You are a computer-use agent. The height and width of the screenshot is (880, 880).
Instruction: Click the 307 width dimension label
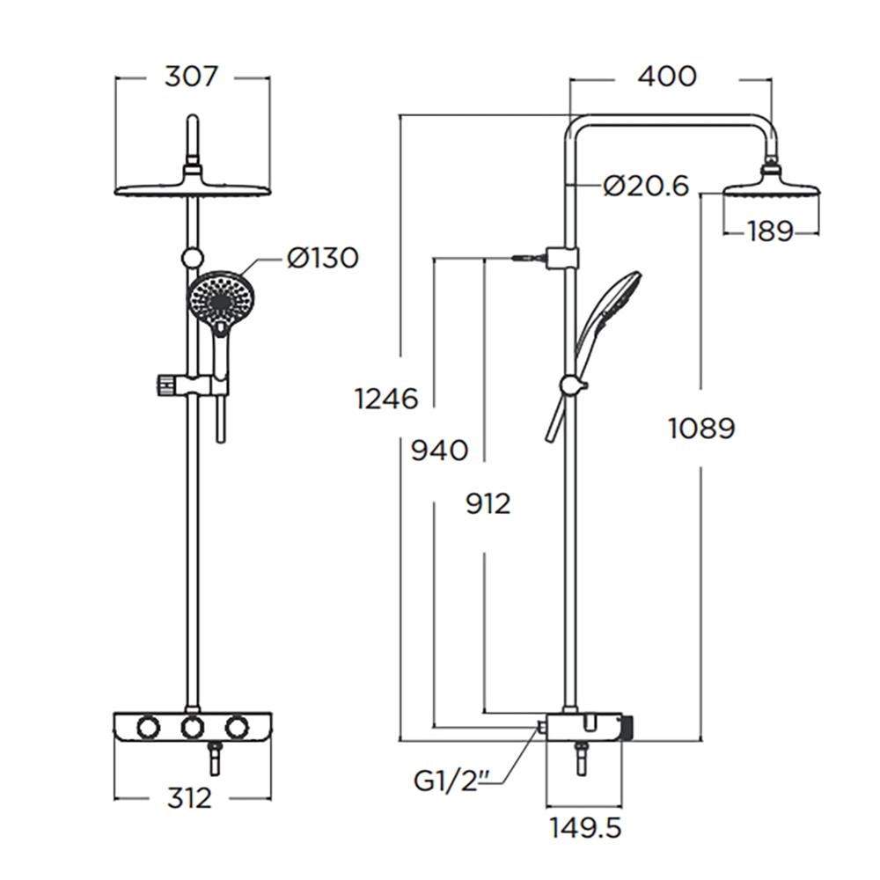click(191, 77)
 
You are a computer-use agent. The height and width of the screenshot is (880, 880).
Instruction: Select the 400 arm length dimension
click(666, 77)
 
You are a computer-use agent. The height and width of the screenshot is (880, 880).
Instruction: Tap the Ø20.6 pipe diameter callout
click(646, 186)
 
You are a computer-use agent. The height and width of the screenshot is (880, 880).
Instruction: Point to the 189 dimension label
click(770, 231)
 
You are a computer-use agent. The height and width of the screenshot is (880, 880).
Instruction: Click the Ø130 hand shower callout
click(322, 259)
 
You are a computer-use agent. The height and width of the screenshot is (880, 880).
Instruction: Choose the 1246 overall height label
click(385, 399)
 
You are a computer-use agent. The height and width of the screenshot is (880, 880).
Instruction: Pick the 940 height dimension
click(439, 451)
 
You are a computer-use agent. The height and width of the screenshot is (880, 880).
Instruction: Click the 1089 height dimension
click(700, 429)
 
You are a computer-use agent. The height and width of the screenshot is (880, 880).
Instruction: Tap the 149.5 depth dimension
click(586, 827)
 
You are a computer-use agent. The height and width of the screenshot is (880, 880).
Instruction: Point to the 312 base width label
click(189, 798)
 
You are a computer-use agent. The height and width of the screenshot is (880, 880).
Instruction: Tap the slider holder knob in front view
click(164, 385)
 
